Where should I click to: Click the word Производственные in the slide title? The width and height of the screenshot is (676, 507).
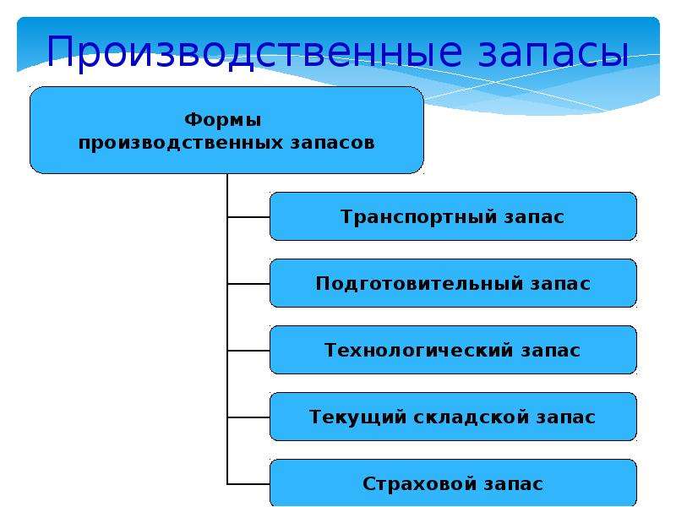pos(254,52)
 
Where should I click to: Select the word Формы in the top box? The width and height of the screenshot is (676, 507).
pos(222,119)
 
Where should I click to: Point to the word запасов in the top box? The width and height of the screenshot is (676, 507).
pos(332,142)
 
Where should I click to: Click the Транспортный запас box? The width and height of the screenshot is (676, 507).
pos(453,216)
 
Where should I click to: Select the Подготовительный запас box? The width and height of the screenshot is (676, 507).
pos(453,283)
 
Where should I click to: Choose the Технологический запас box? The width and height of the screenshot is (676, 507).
pos(453,350)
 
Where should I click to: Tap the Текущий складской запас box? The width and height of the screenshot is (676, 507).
pos(453,417)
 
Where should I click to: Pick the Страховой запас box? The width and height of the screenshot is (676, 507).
pos(453,482)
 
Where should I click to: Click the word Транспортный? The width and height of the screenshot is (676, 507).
pos(418,217)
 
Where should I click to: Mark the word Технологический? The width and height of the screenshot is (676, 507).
pos(418,350)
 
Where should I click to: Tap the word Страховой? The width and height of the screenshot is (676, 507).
pos(418,483)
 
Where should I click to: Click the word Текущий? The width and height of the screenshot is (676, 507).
pos(357,417)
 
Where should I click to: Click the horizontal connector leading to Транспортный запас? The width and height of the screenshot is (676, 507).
pos(248,217)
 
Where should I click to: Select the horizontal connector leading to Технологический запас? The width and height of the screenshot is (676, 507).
pos(248,351)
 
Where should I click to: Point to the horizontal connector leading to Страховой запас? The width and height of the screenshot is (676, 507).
pos(248,483)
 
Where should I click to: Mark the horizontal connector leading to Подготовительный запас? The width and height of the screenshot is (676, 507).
pos(248,284)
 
